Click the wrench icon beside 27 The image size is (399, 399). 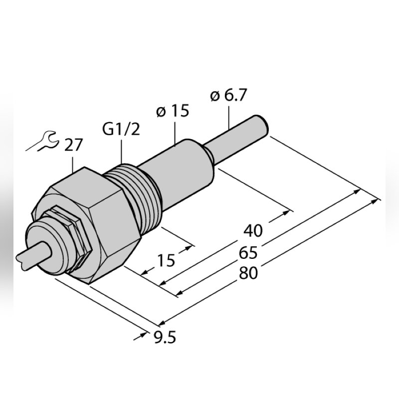42,142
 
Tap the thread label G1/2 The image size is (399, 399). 121,130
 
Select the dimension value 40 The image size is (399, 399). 253,230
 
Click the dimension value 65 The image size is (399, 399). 248,253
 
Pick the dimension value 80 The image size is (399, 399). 248,274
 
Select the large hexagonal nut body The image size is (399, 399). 100,219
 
